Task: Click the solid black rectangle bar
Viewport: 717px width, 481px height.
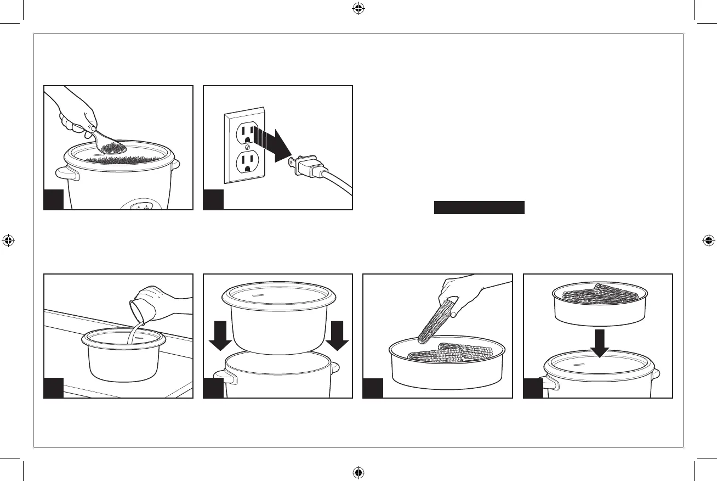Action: (x=480, y=208)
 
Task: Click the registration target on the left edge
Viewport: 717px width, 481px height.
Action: (x=8, y=240)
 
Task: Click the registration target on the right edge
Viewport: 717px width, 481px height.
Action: (x=708, y=240)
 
